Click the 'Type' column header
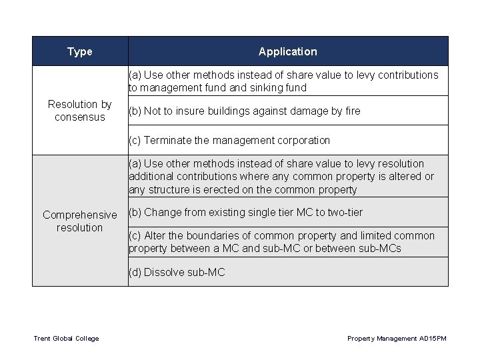tap(80, 51)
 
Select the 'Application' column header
tap(287, 51)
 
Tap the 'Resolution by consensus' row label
tap(80, 111)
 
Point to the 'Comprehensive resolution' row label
tap(80, 221)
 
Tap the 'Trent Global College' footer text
tap(66, 339)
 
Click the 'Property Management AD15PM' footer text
tap(397, 339)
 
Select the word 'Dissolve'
tap(164, 272)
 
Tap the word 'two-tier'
tap(345, 213)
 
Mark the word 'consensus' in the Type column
tap(80, 117)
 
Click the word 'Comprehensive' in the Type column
tap(79, 215)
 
